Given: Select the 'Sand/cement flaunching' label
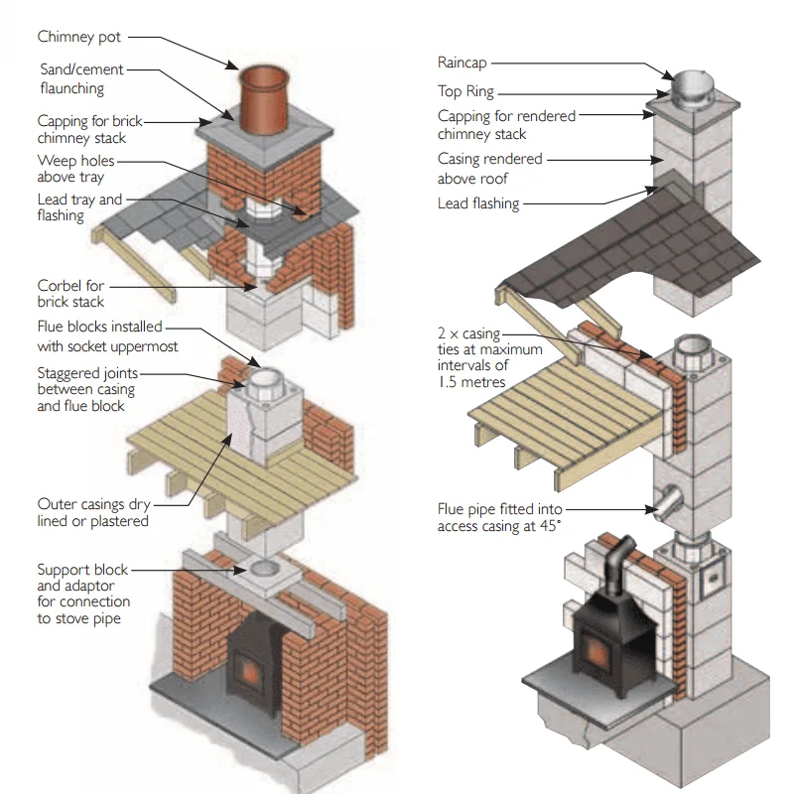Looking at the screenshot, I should (x=82, y=79).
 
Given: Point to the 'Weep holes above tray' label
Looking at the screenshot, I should (x=76, y=169).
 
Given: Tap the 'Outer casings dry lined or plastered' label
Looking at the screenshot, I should (x=93, y=512).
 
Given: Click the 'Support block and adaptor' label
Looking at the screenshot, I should (x=83, y=594).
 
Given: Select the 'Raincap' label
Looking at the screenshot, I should (x=463, y=63).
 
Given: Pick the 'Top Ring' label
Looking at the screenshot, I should (x=465, y=91).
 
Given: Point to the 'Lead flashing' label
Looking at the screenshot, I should (x=478, y=204).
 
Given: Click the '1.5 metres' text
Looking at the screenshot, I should (x=471, y=382).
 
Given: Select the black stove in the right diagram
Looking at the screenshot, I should (x=607, y=626).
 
